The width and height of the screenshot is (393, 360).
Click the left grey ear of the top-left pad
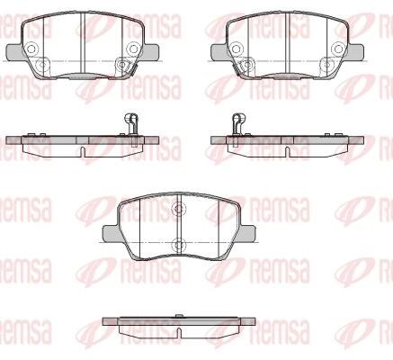tap(14, 51)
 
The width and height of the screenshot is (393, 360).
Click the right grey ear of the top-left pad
tap(151, 51)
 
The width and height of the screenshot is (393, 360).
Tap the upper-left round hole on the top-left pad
tap(31, 49)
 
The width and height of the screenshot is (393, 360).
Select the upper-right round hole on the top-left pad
tap(132, 49)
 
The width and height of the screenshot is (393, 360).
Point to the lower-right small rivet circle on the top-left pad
tap(121, 64)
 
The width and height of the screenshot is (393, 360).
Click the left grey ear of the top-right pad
tap(219, 51)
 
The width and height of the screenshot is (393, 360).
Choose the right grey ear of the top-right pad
tap(356, 51)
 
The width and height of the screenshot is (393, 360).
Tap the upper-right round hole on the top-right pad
tap(338, 49)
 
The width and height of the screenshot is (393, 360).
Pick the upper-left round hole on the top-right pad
tap(237, 49)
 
